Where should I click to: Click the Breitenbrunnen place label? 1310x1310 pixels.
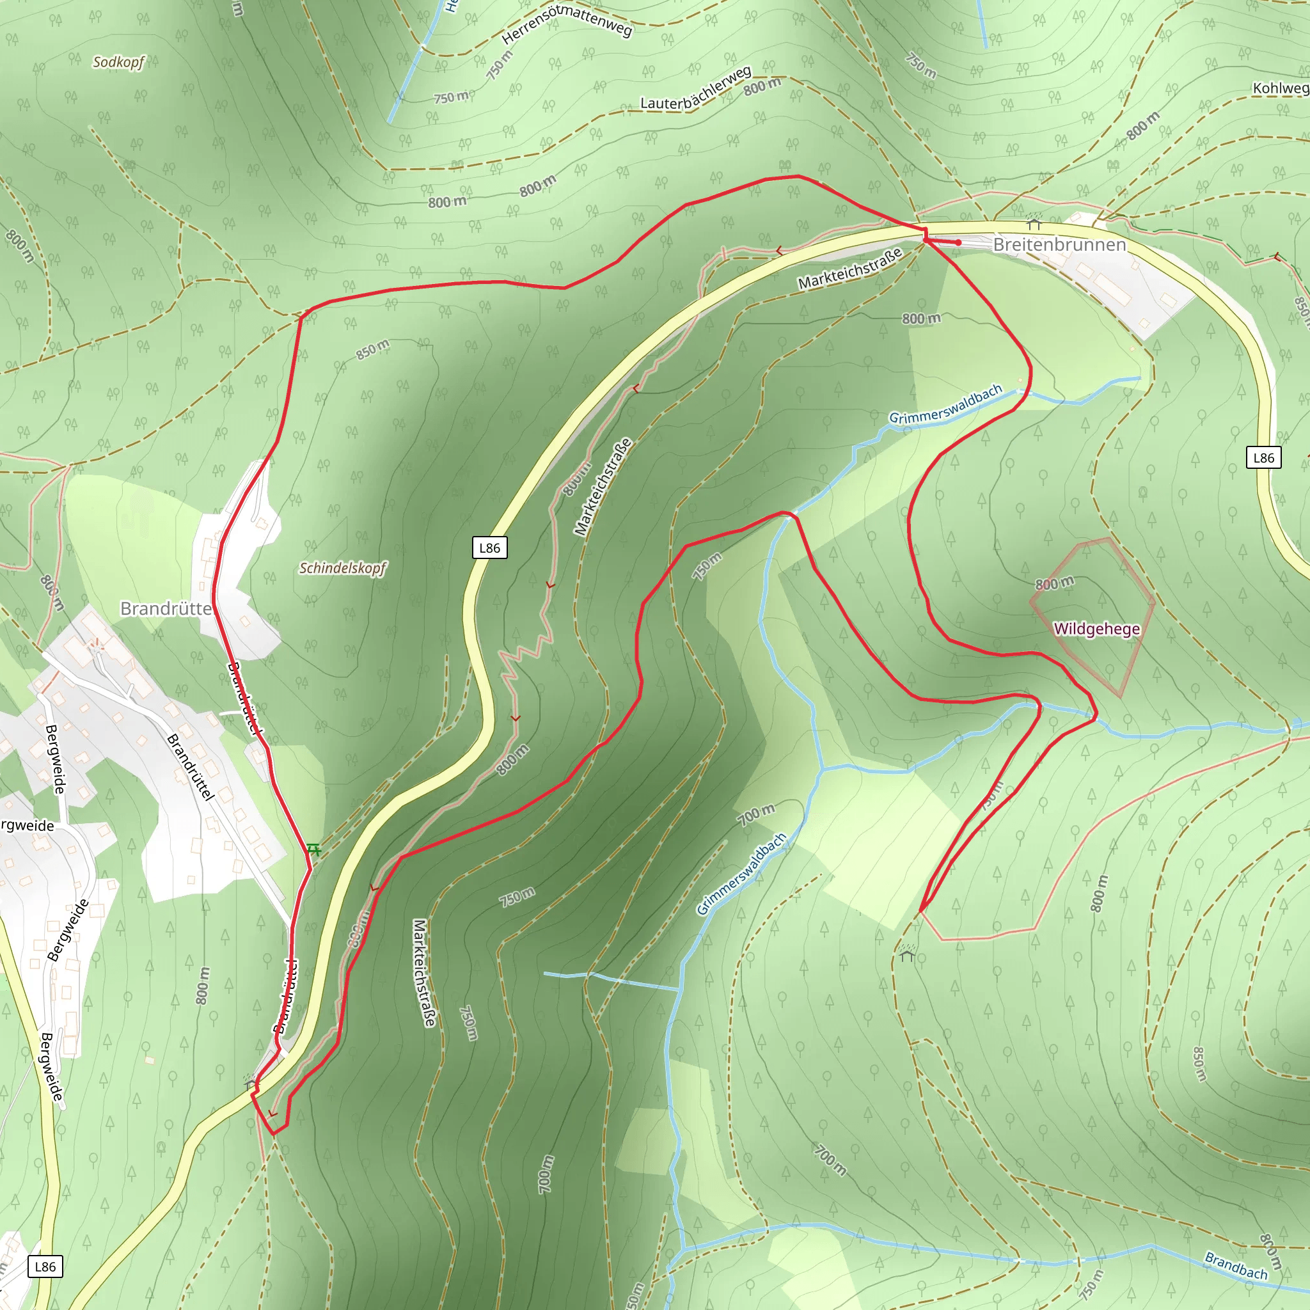(1059, 245)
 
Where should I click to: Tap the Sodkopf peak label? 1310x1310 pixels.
(119, 63)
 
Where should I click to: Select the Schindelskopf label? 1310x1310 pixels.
(342, 568)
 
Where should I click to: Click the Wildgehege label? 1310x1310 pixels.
(1096, 629)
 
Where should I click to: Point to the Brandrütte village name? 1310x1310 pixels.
(166, 609)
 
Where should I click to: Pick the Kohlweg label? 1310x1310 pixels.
(1280, 88)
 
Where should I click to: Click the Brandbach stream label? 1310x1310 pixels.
(1235, 1265)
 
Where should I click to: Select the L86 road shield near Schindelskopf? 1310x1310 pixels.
(489, 548)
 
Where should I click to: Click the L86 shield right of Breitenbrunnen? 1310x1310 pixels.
(1263, 458)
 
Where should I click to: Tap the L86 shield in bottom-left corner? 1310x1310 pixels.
(45, 1267)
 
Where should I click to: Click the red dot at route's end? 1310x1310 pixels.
(958, 242)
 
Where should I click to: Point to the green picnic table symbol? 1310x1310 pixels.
(313, 849)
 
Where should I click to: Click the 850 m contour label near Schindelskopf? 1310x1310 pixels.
(373, 349)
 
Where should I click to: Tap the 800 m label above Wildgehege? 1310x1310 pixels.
(1054, 583)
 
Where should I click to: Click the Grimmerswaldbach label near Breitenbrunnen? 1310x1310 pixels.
(945, 405)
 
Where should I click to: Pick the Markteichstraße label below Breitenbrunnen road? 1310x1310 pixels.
(849, 269)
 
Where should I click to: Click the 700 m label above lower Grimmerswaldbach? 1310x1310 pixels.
(756, 814)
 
